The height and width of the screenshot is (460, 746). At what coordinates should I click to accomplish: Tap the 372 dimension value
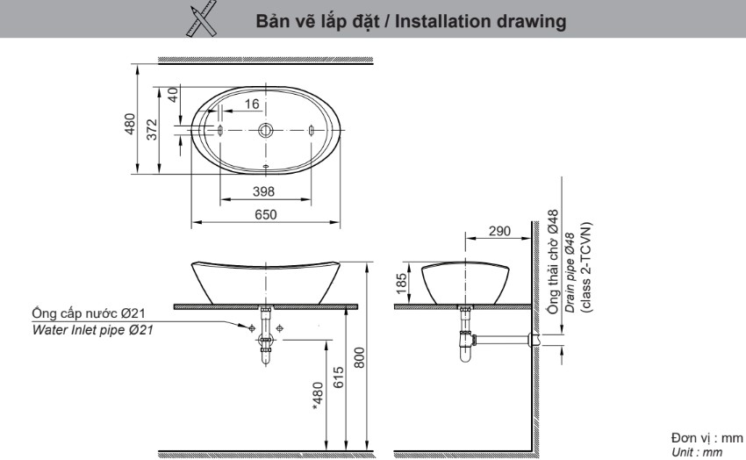click(152, 130)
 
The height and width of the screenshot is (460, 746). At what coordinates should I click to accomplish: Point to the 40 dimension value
click(173, 94)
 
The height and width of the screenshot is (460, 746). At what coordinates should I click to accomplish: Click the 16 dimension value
click(252, 104)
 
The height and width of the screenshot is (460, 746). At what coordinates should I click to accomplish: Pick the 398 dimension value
click(264, 190)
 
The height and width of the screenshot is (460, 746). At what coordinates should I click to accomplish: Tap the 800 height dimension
click(359, 355)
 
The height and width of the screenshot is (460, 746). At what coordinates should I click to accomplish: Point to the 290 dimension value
click(499, 231)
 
